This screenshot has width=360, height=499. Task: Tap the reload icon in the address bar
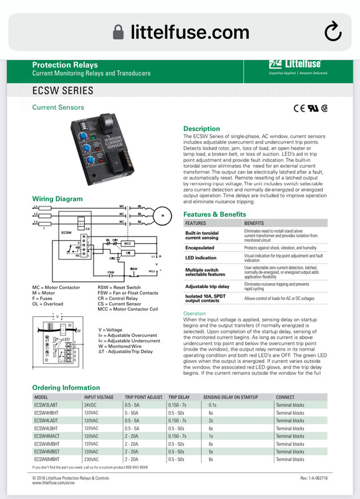coord(333,29)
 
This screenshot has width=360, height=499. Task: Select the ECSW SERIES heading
coord(63,91)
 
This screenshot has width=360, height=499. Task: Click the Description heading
coord(201,128)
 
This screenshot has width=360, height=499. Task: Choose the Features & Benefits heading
coord(215,214)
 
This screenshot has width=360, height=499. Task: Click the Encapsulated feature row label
coord(200,248)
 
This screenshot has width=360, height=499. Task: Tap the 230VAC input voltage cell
coord(93,459)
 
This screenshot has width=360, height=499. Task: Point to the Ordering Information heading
coord(66,387)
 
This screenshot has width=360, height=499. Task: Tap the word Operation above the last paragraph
coord(195,313)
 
